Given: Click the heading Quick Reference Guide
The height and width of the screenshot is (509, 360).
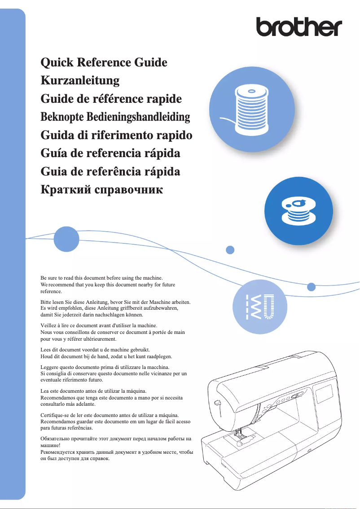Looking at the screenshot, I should (104, 62).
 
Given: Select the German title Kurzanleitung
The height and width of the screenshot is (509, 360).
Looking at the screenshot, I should (80, 80).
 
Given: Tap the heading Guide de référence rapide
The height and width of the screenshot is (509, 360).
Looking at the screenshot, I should (111, 99).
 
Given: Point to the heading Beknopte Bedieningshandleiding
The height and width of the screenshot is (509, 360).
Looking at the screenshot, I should (115, 117).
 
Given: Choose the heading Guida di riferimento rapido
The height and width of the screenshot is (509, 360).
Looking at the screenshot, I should (116, 135).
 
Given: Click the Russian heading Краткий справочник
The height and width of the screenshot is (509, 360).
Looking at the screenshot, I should (101, 190).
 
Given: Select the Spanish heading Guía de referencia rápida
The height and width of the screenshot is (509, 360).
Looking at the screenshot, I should (110, 154).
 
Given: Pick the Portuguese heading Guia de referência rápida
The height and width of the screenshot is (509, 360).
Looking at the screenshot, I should (110, 171).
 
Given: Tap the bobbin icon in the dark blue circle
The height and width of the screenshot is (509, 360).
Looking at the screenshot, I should (298, 211).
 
